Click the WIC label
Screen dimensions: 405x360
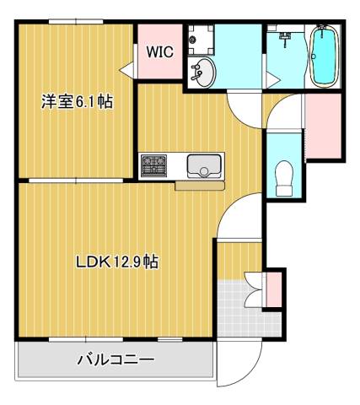click(159, 51)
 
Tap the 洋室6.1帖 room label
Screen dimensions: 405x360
click(78, 102)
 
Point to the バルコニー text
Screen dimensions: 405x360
click(116, 360)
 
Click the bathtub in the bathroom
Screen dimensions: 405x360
click(323, 57)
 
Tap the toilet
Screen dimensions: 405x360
click(285, 175)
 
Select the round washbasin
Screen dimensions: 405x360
click(203, 73)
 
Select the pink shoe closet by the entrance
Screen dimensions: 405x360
click(275, 289)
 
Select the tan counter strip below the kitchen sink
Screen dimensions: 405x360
click(199, 185)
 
